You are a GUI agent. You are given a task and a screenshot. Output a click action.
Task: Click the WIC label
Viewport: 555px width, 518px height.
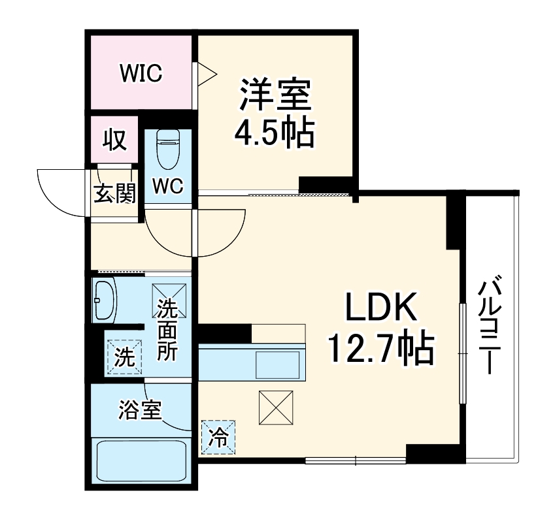pyautogui.click(x=141, y=73)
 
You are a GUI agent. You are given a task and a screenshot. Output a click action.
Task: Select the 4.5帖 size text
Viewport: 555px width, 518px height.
pyautogui.click(x=274, y=133)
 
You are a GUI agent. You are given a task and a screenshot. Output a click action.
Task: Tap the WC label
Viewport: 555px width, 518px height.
pyautogui.click(x=168, y=186)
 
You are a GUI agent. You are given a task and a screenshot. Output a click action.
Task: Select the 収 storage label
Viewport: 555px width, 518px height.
pyautogui.click(x=115, y=140)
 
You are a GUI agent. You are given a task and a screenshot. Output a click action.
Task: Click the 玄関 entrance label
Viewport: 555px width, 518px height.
pyautogui.click(x=114, y=194)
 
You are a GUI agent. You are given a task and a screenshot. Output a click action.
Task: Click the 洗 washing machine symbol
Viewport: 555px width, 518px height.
pyautogui.click(x=124, y=357)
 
